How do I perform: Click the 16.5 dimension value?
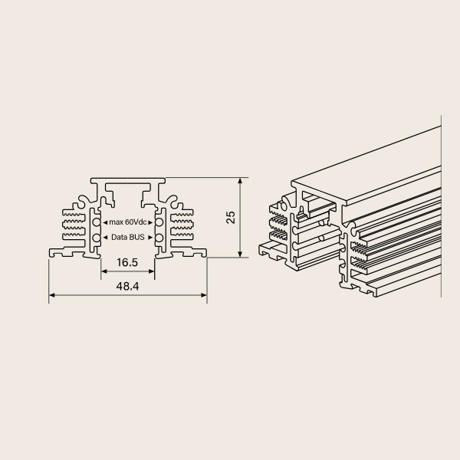127,262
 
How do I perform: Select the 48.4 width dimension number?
127,286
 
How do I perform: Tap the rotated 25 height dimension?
231,218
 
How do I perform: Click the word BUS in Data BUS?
137,237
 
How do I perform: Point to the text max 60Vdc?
128,222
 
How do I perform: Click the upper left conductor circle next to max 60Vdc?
97,222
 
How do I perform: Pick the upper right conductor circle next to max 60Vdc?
159,222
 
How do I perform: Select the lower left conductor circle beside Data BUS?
97,238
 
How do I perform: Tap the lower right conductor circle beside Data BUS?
159,238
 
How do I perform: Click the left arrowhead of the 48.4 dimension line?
51,295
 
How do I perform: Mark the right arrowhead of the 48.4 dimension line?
204,295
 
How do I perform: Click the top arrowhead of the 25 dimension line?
240,181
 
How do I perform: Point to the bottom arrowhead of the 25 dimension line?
240,255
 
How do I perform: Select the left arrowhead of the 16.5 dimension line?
103,271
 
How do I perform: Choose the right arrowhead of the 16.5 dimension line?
151,271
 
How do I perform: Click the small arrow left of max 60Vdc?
105,222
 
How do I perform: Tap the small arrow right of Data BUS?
150,238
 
